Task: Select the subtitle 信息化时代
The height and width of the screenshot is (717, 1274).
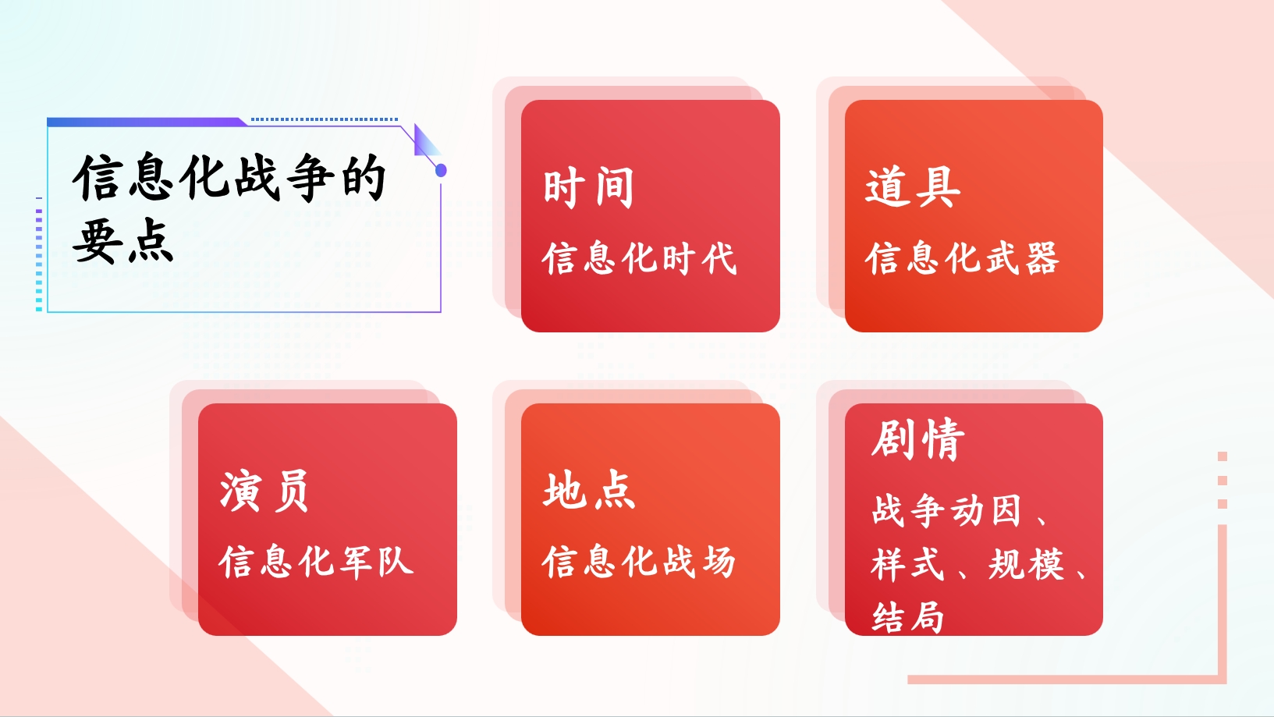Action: (x=639, y=259)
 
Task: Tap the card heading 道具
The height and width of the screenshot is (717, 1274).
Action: (x=912, y=187)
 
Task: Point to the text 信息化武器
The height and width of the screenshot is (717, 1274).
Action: (x=962, y=259)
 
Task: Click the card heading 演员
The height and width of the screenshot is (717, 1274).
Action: (x=264, y=492)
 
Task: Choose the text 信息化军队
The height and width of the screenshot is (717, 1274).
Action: (x=316, y=563)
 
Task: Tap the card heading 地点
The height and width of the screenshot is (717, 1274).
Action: (x=589, y=491)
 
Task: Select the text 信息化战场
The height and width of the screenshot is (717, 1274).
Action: (x=639, y=563)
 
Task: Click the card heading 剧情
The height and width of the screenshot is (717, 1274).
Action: (x=918, y=439)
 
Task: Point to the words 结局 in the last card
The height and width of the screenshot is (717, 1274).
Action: (x=908, y=617)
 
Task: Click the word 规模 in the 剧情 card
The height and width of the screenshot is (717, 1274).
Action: (x=1025, y=565)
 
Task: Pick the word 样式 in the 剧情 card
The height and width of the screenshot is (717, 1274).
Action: (x=908, y=565)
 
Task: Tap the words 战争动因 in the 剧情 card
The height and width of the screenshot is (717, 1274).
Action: (x=947, y=510)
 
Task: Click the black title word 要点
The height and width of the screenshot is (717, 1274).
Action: (x=122, y=241)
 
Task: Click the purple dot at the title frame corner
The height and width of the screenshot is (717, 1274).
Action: (x=441, y=170)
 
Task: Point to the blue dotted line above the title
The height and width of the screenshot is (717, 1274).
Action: (x=325, y=119)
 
